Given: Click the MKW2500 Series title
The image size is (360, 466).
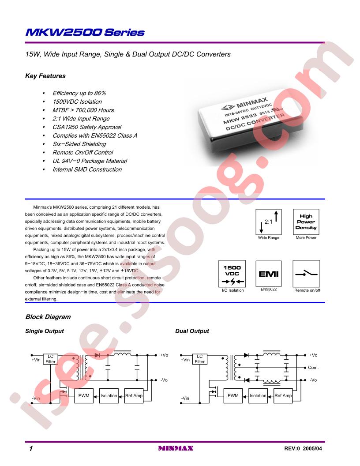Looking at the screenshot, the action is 85,32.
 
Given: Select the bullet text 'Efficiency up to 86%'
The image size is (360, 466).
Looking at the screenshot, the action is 79,93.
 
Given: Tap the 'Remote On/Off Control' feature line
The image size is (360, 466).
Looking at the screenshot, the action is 83,152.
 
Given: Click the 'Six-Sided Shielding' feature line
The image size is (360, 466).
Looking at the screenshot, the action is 79,144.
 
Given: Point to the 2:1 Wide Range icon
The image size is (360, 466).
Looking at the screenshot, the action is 269,222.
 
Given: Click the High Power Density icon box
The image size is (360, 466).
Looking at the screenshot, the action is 306,222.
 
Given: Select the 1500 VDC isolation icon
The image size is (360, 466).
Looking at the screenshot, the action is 232,274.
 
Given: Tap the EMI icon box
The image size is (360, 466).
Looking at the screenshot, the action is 269,274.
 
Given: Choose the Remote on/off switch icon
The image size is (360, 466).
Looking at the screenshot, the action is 306,274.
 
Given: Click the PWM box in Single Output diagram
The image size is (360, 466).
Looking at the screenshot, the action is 84,396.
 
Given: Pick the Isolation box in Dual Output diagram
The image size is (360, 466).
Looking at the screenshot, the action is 258,396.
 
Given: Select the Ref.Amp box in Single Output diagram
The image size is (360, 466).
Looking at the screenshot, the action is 134,396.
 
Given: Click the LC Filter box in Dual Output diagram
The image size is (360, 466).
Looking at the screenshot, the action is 199,359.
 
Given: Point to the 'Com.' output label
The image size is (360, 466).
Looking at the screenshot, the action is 313,368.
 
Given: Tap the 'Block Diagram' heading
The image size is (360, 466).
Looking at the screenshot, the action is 48,317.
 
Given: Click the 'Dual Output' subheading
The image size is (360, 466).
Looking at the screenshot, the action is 192,331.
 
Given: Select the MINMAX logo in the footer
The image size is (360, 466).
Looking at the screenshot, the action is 176,448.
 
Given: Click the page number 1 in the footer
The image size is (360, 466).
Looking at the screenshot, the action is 31,448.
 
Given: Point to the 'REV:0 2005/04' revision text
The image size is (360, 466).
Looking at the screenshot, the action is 303,448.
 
